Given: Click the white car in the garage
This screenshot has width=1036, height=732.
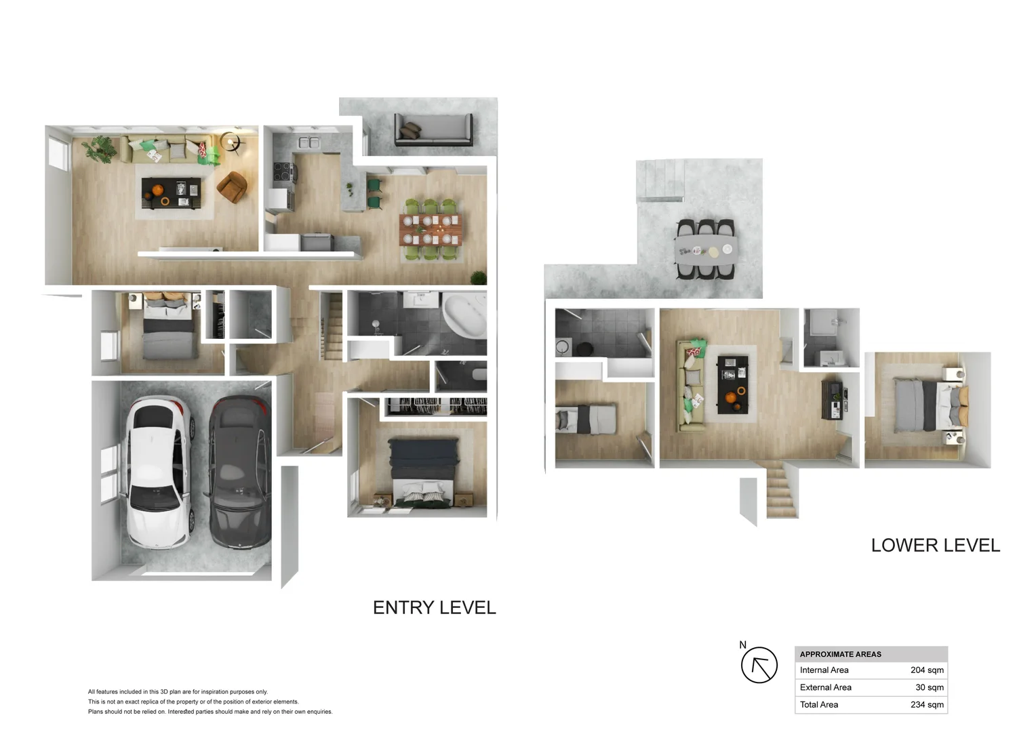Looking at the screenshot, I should pyautogui.click(x=159, y=472).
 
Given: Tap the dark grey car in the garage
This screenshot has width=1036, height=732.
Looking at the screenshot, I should pyautogui.click(x=239, y=472).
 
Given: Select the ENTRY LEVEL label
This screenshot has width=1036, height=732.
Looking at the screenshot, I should pyautogui.click(x=434, y=607).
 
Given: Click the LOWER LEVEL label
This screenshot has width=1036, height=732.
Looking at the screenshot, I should pyautogui.click(x=935, y=546).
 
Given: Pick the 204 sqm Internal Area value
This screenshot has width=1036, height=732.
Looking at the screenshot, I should pyautogui.click(x=926, y=670).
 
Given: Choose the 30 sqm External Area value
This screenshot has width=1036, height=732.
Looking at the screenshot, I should pyautogui.click(x=929, y=687).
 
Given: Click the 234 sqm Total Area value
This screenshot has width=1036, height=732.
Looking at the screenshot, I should pyautogui.click(x=926, y=705).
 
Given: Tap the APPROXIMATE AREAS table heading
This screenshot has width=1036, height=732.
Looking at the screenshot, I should pyautogui.click(x=840, y=654).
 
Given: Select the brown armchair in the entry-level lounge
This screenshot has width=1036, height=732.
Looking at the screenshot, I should pyautogui.click(x=232, y=186).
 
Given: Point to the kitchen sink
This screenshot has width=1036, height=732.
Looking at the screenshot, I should pyautogui.click(x=309, y=142).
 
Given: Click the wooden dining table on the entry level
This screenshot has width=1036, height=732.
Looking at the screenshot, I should pyautogui.click(x=431, y=229).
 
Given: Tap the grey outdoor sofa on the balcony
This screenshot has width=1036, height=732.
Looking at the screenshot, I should pyautogui.click(x=434, y=129).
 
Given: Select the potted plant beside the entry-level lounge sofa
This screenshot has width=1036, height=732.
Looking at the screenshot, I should pyautogui.click(x=100, y=148).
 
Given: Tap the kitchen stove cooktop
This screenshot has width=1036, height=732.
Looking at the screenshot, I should pyautogui.click(x=283, y=173).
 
